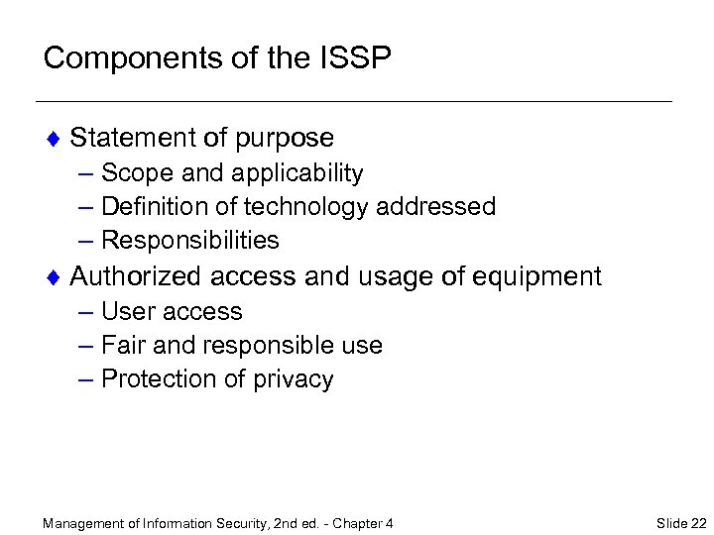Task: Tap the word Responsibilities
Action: point(190,241)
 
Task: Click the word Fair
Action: point(121,346)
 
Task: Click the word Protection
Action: point(152,379)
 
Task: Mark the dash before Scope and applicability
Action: point(83,173)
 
